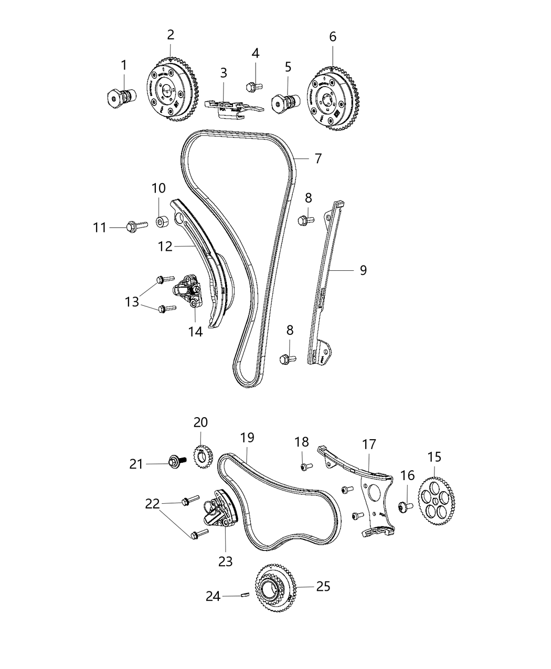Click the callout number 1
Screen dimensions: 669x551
124,66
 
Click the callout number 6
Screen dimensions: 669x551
333,37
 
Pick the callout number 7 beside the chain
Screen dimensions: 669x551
318,158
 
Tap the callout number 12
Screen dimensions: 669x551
165,246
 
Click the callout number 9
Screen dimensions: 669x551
363,270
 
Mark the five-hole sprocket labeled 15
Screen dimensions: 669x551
437,496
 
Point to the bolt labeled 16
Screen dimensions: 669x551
404,507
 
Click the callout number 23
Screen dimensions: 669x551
225,561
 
